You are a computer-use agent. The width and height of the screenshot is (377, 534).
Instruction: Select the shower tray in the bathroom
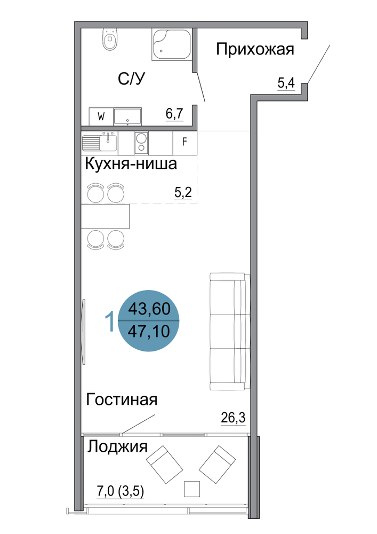pyautogui.click(x=172, y=45)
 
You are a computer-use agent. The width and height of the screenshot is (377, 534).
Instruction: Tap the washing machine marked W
pyautogui.click(x=101, y=116)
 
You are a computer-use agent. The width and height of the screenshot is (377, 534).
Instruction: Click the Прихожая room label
pyautogui.click(x=255, y=49)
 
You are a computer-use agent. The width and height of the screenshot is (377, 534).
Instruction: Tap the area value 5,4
pyautogui.click(x=286, y=83)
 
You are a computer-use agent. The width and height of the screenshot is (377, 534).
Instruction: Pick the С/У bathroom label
pyautogui.click(x=131, y=79)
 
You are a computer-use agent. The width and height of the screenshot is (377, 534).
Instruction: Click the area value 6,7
pyautogui.click(x=174, y=114)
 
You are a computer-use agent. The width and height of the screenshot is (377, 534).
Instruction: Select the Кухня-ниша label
pyautogui.click(x=131, y=164)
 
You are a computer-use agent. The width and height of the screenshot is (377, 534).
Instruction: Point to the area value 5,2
pyautogui.click(x=183, y=193)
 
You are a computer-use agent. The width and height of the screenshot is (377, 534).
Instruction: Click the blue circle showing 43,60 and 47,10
pyautogui.click(x=148, y=320)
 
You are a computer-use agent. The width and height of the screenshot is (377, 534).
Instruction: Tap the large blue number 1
pyautogui.click(x=109, y=322)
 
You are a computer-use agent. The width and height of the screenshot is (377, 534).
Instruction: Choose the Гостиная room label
pyautogui.click(x=122, y=399)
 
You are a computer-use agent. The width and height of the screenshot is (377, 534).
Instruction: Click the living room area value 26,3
pyautogui.click(x=233, y=417)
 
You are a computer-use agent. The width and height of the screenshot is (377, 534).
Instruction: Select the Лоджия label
pyautogui.click(x=118, y=447)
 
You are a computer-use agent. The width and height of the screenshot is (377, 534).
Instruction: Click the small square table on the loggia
pyautogui.click(x=192, y=489)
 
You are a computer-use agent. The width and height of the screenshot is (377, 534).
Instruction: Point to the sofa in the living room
pyautogui.click(x=230, y=332)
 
